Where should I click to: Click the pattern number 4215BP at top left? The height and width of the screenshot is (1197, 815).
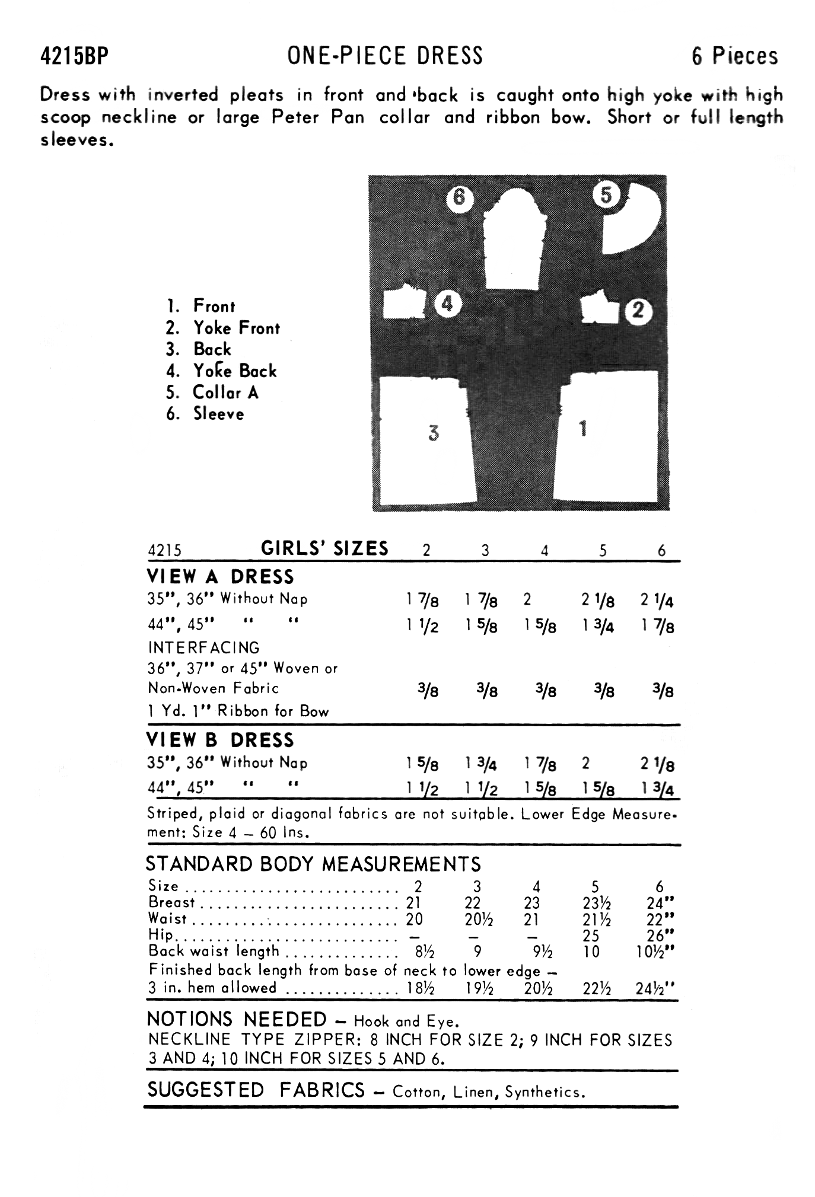point(75,57)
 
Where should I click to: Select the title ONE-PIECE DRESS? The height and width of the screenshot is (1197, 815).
point(385,56)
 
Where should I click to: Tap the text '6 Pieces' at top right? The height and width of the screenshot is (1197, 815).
point(734,56)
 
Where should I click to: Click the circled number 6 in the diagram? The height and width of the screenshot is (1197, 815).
point(459,197)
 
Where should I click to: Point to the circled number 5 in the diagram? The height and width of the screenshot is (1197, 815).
point(606,194)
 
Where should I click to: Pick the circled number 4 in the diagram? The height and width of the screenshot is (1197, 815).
point(447,305)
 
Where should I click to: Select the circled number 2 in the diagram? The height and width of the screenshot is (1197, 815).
point(638,311)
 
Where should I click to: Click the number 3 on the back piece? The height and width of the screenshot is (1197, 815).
point(434,433)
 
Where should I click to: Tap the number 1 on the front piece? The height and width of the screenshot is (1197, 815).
point(584,428)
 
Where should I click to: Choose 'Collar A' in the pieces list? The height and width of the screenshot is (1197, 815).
point(225,392)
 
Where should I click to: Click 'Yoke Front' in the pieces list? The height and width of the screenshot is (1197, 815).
point(236,328)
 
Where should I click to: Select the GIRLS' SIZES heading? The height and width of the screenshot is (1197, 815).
point(324,548)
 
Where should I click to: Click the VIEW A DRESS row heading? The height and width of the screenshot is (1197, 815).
point(220,577)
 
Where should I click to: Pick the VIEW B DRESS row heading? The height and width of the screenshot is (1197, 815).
point(220,740)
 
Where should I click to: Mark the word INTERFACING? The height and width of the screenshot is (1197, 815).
point(203,647)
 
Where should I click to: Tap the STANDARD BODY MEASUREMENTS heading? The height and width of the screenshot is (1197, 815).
point(313,864)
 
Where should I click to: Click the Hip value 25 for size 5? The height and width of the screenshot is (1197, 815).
point(591,936)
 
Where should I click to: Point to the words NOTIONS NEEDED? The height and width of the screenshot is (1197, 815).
point(237,1020)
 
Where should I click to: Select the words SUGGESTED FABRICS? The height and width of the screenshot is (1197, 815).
point(256,1090)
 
